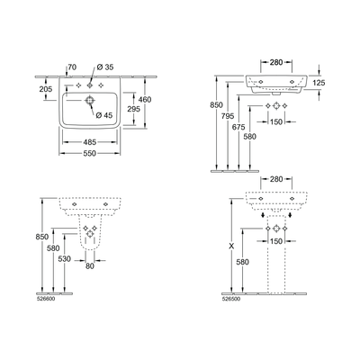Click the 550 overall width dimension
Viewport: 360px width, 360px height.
[91, 154]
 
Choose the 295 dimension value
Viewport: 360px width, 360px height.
[135, 107]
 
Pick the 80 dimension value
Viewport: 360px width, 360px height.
[91, 265]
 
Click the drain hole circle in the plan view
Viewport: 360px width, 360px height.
[90, 103]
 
